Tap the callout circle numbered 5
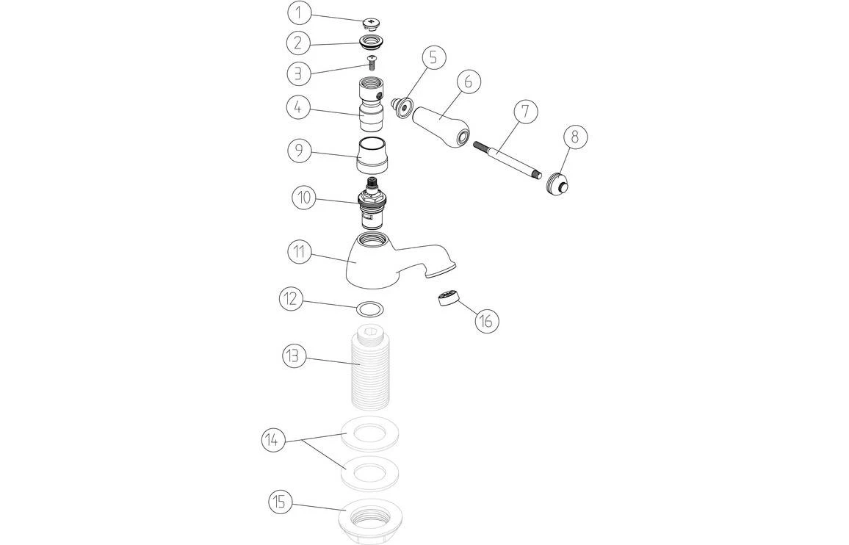pos(433,57)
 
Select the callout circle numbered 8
pos(575,137)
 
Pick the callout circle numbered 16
pos(486,321)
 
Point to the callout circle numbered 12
pos(291,299)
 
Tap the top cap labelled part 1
pos(372,24)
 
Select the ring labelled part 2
pos(372,42)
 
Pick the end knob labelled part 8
pos(558,183)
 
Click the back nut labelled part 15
pos(372,519)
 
